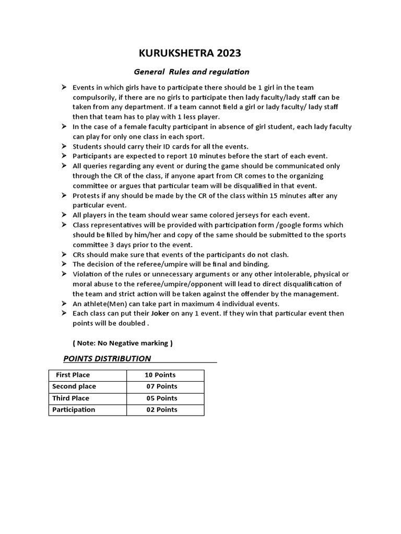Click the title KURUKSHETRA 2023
190,53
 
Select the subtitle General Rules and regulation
192,71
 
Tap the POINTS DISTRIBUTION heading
107,358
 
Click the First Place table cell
73,375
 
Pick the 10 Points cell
160,375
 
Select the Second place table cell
74,386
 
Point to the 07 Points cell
161,386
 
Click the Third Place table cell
70,398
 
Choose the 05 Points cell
161,398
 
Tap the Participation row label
74,409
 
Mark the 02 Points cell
161,409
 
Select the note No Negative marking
122,343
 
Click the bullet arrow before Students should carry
63,146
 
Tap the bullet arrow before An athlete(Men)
63,304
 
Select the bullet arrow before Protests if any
63,196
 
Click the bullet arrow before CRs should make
63,254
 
